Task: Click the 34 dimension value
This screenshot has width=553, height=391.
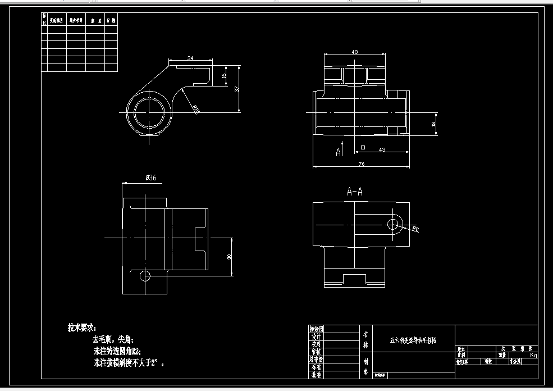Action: point(190,58)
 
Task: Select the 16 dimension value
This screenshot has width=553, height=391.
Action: point(223,75)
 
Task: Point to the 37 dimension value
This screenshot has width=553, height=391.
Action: point(237,89)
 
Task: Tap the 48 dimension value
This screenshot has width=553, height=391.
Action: point(355,52)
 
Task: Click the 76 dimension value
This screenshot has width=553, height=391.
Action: point(362,164)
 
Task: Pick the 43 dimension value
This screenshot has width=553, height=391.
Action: point(382,149)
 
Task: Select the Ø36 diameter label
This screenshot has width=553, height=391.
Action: point(150,178)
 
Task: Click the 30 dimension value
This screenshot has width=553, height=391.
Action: point(229,256)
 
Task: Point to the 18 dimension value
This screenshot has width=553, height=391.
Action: point(433,125)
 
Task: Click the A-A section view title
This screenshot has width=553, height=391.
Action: point(355,192)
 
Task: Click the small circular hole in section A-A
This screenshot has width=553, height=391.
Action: point(394,224)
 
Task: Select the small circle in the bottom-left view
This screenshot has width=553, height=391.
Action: point(145,276)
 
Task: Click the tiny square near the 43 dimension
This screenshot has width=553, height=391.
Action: point(363,147)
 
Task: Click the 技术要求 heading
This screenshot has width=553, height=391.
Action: point(82,327)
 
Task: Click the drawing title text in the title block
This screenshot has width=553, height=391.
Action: point(413,340)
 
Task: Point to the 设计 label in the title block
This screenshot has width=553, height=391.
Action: point(316,336)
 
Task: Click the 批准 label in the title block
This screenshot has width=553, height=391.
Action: point(316,374)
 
